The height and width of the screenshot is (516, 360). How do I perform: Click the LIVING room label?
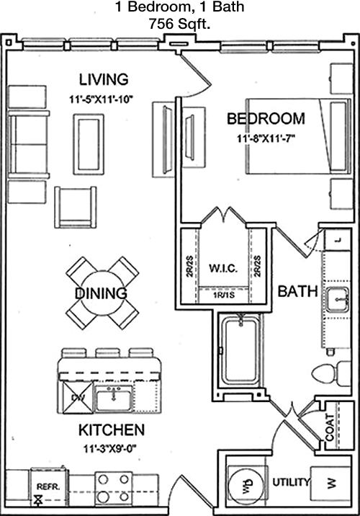coord(104,79)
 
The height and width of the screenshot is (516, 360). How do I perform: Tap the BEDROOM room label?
coord(266,118)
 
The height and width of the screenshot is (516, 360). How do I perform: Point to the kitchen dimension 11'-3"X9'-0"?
coord(110,448)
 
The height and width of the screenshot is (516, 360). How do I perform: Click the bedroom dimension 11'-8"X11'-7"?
coord(266,138)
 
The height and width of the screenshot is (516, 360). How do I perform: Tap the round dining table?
coord(102,293)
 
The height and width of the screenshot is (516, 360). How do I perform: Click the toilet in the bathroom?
coord(331,374)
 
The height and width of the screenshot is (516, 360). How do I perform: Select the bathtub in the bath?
coord(242,350)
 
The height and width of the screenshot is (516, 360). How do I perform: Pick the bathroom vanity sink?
coord(337,299)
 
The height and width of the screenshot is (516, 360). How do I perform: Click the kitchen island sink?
coord(114,399)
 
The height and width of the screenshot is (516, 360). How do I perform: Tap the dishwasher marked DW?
coord(78,398)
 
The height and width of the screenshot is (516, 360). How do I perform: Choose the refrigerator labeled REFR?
coord(49,487)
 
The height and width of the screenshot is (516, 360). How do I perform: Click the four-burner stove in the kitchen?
coord(114,489)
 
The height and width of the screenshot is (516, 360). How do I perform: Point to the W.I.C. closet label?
coord(223,268)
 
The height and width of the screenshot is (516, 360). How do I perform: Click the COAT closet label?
coord(330,427)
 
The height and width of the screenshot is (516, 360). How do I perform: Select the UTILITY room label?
coord(291,482)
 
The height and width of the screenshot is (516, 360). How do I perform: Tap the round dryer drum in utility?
coord(246,486)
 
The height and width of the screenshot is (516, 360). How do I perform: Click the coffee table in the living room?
coord(89,144)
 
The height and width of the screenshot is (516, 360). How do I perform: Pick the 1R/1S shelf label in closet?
coord(224,295)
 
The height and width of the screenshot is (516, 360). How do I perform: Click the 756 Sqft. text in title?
coord(179,23)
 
